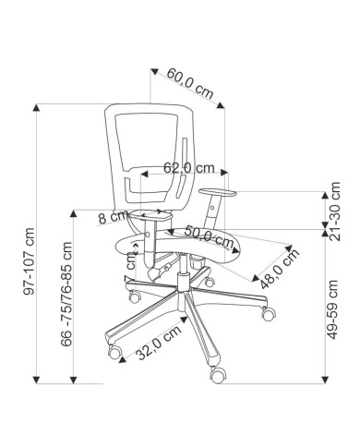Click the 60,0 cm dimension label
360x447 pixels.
tap(190, 83)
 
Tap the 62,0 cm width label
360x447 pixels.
tap(188, 168)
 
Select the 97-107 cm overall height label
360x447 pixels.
tap(29, 261)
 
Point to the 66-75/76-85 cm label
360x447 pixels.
tap(66, 295)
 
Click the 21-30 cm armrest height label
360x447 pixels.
tap(334, 211)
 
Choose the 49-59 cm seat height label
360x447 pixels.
tap(332, 309)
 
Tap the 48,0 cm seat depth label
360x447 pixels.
tap(280, 268)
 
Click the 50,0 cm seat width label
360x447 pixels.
tap(209, 236)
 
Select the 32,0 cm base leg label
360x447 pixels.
tap(159, 343)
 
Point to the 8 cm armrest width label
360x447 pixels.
tap(113, 217)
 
